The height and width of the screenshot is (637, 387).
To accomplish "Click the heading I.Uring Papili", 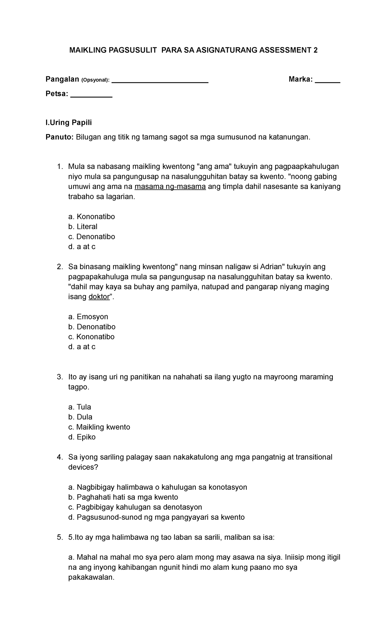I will pyautogui.click(x=69, y=122).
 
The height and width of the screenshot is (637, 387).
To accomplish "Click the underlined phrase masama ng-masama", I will pyautogui.click(x=170, y=187).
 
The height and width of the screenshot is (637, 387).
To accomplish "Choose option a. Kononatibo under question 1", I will pyautogui.click(x=92, y=217).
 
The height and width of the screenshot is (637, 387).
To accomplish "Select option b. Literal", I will pyautogui.click(x=83, y=227).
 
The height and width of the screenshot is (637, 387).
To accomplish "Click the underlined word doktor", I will pyautogui.click(x=99, y=297).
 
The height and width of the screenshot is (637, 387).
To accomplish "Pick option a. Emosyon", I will pyautogui.click(x=88, y=317).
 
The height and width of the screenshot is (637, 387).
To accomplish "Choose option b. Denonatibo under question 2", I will pyautogui.click(x=92, y=327).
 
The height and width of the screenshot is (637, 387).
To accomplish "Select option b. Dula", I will pyautogui.click(x=80, y=417).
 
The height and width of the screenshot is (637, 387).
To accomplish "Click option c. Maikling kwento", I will pyautogui.click(x=99, y=427).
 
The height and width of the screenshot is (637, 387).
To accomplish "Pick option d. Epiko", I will pyautogui.click(x=82, y=437).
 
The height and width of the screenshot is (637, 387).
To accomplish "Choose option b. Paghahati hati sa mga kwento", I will pyautogui.click(x=123, y=497).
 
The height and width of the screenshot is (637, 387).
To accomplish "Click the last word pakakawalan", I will pyautogui.click(x=91, y=577).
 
